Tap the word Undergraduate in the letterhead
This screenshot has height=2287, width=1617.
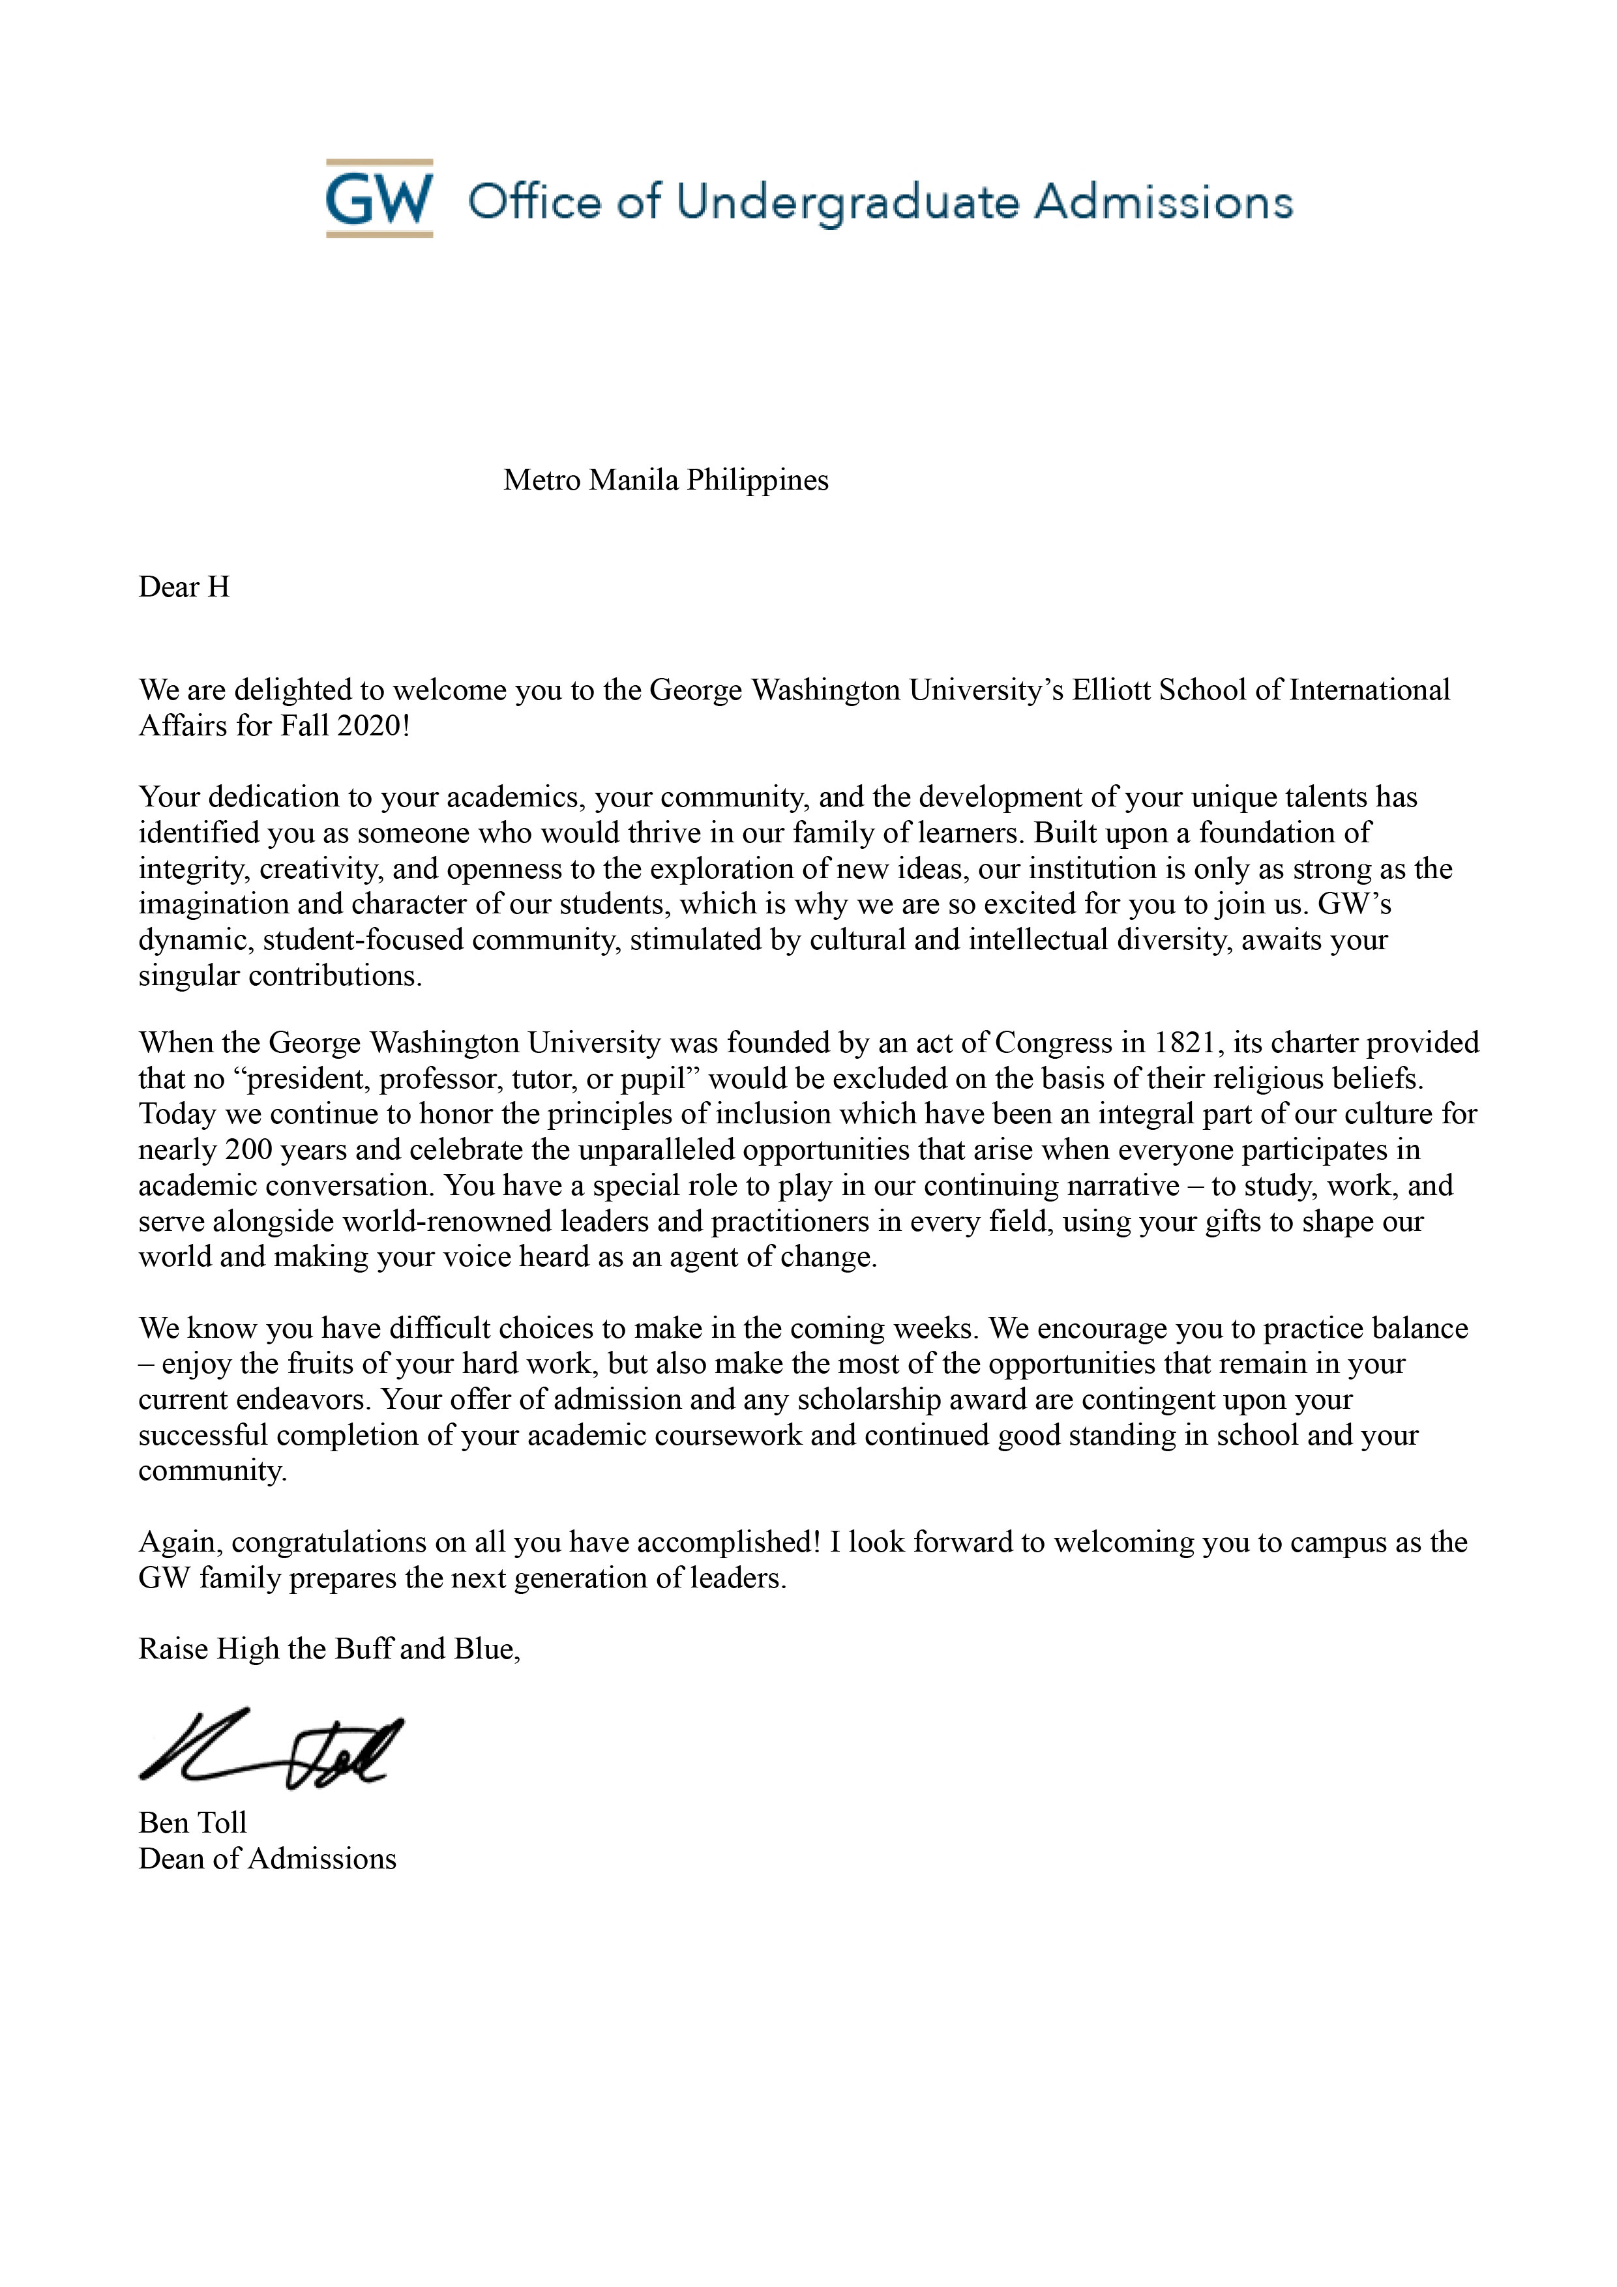click(x=847, y=202)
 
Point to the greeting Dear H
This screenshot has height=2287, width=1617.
click(x=185, y=587)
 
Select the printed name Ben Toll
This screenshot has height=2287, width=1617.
click(x=192, y=1823)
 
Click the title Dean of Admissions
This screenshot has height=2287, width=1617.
click(x=267, y=1859)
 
